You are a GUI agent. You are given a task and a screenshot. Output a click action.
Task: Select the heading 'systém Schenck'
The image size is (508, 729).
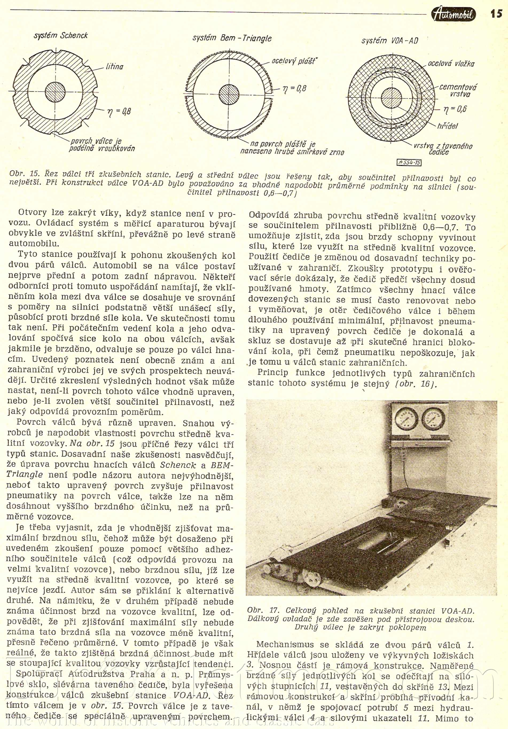point(61,35)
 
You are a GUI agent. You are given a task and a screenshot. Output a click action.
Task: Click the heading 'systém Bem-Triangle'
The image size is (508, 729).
point(232,38)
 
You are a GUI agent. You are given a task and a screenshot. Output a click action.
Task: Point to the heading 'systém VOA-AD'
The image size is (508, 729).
point(390,41)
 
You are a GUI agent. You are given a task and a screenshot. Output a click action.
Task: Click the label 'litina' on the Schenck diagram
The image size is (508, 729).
point(115,67)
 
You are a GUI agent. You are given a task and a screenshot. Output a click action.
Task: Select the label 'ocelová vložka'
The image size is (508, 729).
point(451,64)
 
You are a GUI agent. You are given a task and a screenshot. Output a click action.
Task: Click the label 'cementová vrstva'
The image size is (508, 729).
point(458,91)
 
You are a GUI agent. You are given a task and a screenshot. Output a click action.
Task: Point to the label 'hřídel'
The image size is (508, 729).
point(447,126)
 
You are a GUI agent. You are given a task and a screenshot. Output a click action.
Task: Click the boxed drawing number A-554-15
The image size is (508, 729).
point(409,163)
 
